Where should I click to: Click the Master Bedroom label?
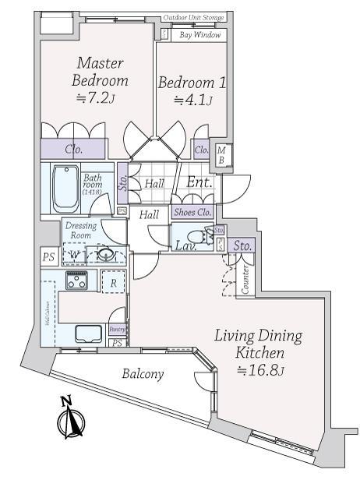(x=100, y=71)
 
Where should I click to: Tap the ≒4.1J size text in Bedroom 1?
(x=192, y=100)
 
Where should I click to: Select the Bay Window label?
(x=200, y=35)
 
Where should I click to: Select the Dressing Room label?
(x=82, y=230)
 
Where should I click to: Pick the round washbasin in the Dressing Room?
(x=104, y=254)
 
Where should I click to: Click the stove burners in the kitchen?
(x=76, y=282)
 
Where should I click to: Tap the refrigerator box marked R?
(x=114, y=284)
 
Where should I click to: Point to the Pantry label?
(x=117, y=330)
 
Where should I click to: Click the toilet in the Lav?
(x=202, y=235)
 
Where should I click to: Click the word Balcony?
(x=143, y=374)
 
